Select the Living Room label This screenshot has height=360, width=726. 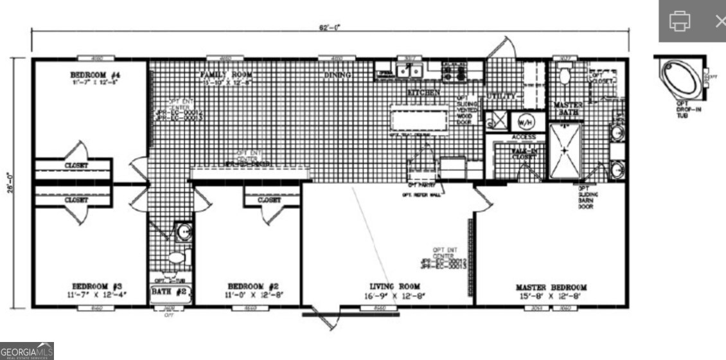click(x=394, y=286)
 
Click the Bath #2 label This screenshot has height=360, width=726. click(x=168, y=292)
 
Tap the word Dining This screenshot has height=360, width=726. click(x=337, y=75)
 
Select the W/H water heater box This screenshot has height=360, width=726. click(x=525, y=120)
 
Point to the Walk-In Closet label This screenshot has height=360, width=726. click(x=524, y=153)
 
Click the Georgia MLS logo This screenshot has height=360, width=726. click(x=27, y=350)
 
